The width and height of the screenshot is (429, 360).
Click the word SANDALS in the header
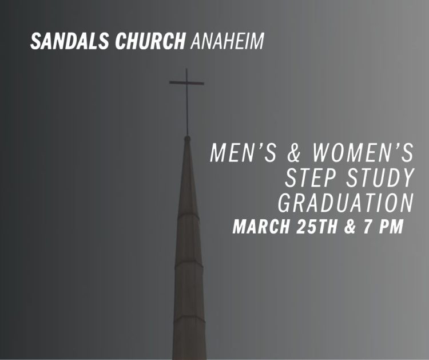click(x=69, y=41)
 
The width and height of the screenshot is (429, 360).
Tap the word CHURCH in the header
click(x=150, y=41)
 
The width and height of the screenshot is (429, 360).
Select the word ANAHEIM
click(x=227, y=41)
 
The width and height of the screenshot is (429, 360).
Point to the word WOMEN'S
click(x=363, y=153)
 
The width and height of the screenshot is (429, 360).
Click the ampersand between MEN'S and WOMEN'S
click(x=294, y=153)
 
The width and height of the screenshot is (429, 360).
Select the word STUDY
click(x=380, y=178)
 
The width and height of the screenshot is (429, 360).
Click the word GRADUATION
click(x=346, y=203)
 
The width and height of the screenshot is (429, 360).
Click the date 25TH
click(x=316, y=227)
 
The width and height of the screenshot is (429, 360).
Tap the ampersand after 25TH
click(x=349, y=227)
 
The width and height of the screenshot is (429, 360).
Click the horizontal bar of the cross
click(x=186, y=82)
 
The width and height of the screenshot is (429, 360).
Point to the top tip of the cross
click(x=187, y=69)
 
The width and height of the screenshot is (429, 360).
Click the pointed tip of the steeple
click(x=188, y=137)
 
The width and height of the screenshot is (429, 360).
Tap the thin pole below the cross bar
click(x=187, y=109)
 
